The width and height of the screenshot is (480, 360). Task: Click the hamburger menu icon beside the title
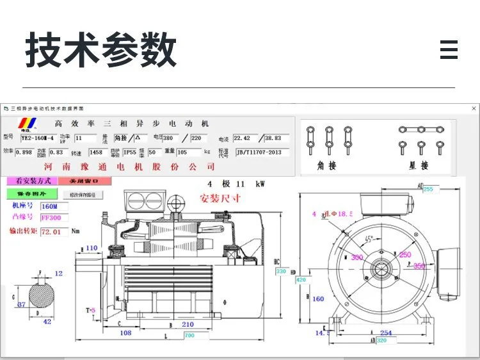449,49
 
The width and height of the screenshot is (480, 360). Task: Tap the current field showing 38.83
273,138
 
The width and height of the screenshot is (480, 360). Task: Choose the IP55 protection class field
131,153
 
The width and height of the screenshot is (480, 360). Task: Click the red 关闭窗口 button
85,181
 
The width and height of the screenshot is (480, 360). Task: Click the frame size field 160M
51,206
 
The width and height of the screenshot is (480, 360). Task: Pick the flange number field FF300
51,218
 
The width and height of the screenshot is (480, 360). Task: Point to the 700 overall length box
188,335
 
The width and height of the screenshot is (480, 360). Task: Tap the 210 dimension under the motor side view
188,324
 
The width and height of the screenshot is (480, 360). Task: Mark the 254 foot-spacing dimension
385,332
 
